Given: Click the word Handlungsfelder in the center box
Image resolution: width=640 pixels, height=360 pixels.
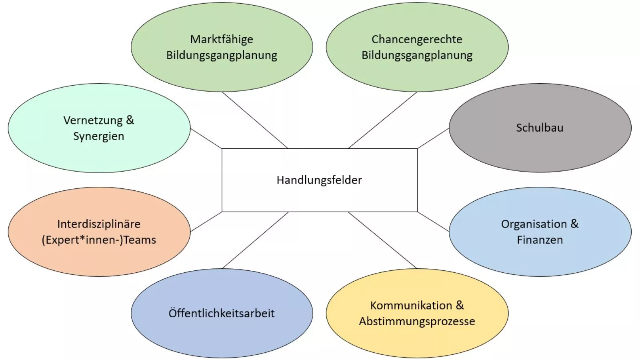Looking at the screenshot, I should pyautogui.click(x=319, y=180).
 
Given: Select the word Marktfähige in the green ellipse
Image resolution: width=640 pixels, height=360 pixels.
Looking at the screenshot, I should pyautogui.click(x=222, y=39).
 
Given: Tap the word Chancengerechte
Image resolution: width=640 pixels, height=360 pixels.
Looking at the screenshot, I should pyautogui.click(x=417, y=39).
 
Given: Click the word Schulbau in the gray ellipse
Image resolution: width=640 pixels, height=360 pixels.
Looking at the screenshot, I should pyautogui.click(x=540, y=128).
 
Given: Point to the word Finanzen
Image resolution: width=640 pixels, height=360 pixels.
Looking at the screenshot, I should pyautogui.click(x=540, y=240).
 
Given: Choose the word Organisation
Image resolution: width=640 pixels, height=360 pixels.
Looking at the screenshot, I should pyautogui.click(x=534, y=224).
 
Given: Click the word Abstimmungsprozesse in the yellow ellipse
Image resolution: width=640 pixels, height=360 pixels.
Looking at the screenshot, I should pyautogui.click(x=417, y=321).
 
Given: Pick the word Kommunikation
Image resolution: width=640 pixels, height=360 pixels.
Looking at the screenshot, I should pyautogui.click(x=411, y=306).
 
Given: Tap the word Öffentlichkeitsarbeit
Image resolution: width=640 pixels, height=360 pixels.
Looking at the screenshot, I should pyautogui.click(x=222, y=313).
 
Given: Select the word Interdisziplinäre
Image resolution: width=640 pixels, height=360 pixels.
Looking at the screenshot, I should pyautogui.click(x=99, y=224).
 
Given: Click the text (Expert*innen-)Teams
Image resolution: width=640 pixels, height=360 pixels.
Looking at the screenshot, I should pyautogui.click(x=99, y=240).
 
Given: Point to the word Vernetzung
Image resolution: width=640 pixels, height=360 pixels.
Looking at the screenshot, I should pyautogui.click(x=93, y=120).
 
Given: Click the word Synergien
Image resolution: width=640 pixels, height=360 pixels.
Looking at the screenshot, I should pyautogui.click(x=99, y=136).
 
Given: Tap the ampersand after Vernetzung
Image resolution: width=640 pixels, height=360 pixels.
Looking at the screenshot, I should pyautogui.click(x=130, y=120).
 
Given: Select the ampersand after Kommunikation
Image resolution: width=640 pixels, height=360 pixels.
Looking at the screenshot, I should pyautogui.click(x=460, y=305).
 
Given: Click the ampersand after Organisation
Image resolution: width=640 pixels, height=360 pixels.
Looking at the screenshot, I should pyautogui.click(x=574, y=224).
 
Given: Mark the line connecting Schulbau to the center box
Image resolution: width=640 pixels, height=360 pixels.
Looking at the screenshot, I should pyautogui.click(x=433, y=138).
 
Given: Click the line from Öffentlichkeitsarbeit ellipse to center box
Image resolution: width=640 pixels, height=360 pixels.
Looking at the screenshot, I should pyautogui.click(x=255, y=240).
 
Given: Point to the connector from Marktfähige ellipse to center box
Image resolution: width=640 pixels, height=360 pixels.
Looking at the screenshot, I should pyautogui.click(x=255, y=120).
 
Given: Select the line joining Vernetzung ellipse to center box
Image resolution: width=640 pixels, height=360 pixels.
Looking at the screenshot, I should pyautogui.click(x=206, y=139).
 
